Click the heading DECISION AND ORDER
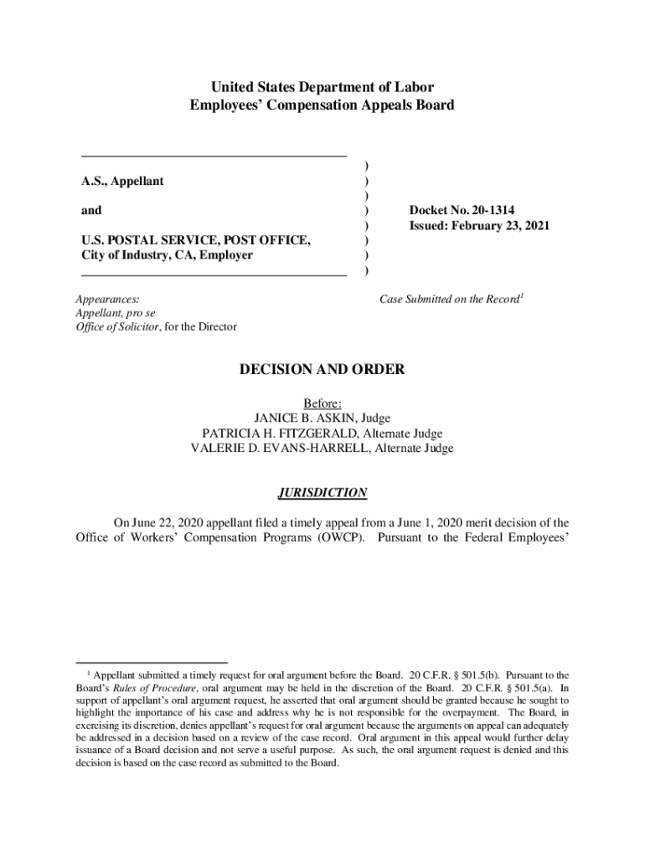322,369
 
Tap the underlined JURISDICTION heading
322,492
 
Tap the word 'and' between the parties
90,211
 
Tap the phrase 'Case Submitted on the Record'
449,299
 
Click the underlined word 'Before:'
322,403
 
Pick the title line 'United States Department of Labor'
322,87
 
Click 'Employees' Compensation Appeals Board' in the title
322,105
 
